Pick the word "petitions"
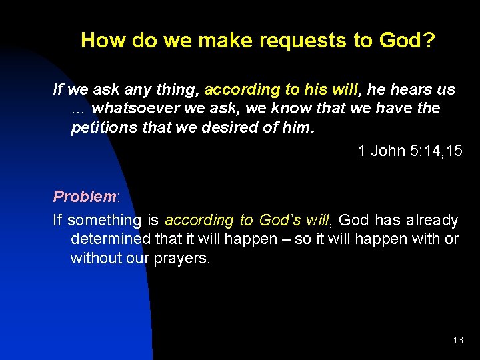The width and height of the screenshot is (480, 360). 105,127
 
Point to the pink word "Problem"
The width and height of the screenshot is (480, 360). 85,197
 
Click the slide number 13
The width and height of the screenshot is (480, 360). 457,341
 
